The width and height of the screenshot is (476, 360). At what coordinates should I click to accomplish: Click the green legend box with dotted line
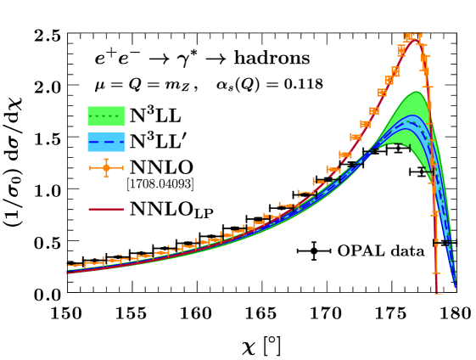[x=106, y=115]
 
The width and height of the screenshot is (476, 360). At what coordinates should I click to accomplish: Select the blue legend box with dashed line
[x=106, y=142]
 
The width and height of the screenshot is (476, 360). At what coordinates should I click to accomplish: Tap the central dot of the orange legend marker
[x=106, y=168]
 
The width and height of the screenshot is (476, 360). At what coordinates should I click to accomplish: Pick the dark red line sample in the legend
[x=106, y=209]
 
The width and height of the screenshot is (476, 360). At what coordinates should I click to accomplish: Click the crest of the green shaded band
[x=416, y=92]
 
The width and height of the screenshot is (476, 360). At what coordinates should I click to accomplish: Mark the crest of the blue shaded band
[x=412, y=115]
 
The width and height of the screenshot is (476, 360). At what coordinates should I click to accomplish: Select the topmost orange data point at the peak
[x=412, y=37]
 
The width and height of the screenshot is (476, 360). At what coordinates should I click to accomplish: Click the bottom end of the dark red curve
[x=437, y=294]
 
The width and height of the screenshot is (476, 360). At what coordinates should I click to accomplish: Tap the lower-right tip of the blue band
[x=455, y=286]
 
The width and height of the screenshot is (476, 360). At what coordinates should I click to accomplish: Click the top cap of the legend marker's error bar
[x=106, y=159]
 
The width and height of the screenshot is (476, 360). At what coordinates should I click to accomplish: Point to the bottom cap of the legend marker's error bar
[x=106, y=177]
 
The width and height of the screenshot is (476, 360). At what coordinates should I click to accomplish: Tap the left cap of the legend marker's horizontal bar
[x=90, y=168]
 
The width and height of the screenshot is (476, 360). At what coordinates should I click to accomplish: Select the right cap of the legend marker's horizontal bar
[x=123, y=168]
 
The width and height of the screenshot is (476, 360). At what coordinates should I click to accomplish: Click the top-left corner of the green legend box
[x=87, y=106]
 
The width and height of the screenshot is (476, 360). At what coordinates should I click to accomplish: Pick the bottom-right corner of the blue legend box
[x=126, y=152]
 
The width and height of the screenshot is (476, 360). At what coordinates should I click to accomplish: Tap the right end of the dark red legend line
[x=124, y=209]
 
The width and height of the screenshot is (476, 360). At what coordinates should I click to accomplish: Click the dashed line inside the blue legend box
[x=106, y=143]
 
